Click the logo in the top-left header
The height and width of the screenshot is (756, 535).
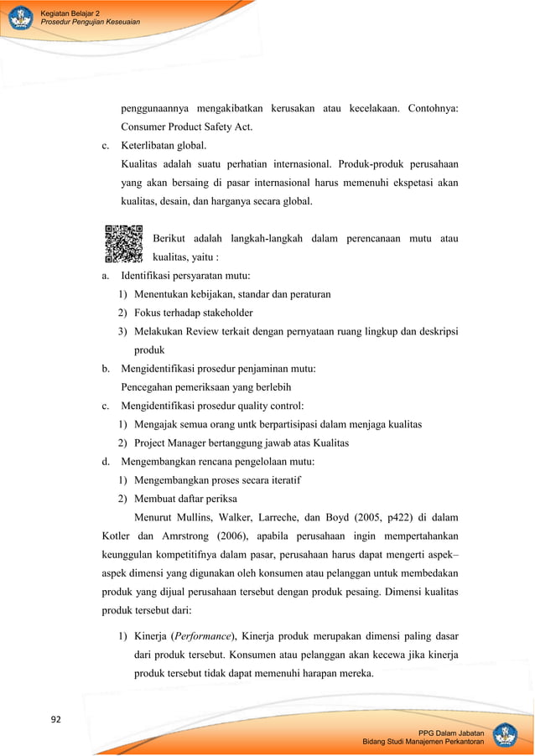19,18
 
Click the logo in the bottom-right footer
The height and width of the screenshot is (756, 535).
505,735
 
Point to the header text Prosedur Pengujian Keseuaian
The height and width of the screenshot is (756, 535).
90,22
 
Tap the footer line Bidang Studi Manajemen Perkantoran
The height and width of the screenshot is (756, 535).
423,743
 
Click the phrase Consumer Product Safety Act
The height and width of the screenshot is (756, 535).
187,127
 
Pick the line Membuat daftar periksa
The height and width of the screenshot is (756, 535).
182,498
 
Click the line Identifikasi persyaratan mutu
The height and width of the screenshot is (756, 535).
190,276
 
